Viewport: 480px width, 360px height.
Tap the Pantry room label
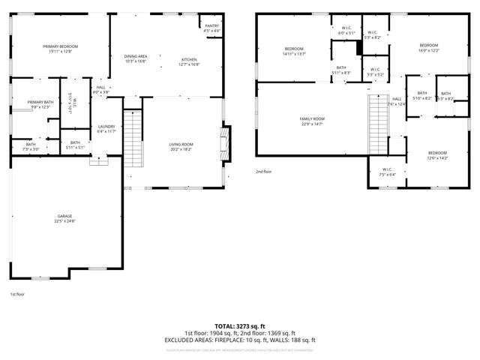[212, 28]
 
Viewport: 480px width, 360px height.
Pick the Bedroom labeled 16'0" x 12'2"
[429, 47]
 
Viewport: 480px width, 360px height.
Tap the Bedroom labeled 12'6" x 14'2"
[436, 155]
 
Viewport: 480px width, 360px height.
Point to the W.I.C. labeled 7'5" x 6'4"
[387, 172]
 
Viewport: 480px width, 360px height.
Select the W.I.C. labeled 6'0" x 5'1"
[346, 31]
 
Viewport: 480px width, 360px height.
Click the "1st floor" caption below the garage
[17, 294]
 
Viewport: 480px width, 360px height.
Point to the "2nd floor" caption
[263, 172]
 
